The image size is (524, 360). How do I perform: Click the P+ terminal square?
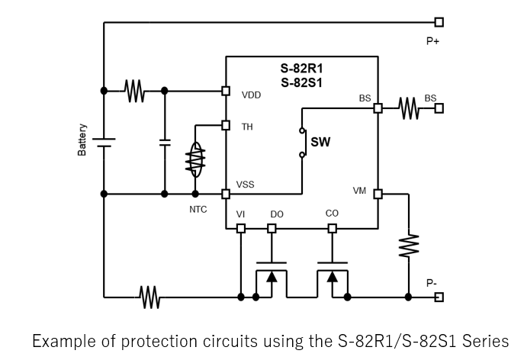(x=439, y=23)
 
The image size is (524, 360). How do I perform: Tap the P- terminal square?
(x=439, y=297)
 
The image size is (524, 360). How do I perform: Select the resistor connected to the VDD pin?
(x=135, y=91)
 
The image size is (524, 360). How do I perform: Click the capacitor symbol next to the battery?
(x=165, y=142)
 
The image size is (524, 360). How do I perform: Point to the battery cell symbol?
(x=103, y=142)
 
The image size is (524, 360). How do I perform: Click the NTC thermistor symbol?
(x=195, y=162)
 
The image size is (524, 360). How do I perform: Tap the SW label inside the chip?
(x=320, y=143)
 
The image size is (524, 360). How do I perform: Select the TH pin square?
(x=225, y=125)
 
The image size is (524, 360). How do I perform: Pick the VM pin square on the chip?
(x=378, y=194)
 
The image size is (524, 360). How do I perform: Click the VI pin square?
(x=241, y=228)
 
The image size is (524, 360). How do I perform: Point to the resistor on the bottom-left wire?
(x=148, y=297)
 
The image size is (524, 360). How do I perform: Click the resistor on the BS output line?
(x=409, y=108)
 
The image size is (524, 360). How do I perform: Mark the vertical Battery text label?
(x=82, y=141)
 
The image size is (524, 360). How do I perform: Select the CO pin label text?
(x=332, y=214)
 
